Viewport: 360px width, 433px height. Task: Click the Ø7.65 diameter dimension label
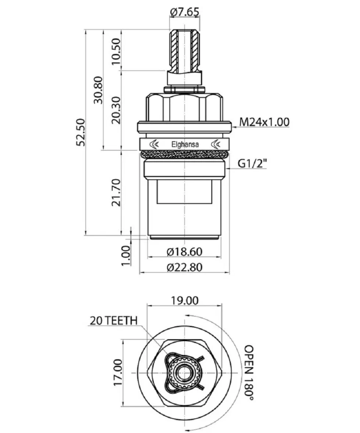point(185,12)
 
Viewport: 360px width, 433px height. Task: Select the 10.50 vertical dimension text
point(116,52)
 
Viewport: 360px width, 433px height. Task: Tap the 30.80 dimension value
point(98,90)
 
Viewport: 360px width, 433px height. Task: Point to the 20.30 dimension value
point(116,110)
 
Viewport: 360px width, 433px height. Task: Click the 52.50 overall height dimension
point(81,132)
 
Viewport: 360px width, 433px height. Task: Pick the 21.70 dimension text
point(116,193)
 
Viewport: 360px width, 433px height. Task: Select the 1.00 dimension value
point(126,256)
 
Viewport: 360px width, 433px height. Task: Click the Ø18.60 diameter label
point(185,252)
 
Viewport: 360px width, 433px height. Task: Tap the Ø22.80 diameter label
point(185,267)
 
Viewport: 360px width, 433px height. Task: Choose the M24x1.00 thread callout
point(264,122)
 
